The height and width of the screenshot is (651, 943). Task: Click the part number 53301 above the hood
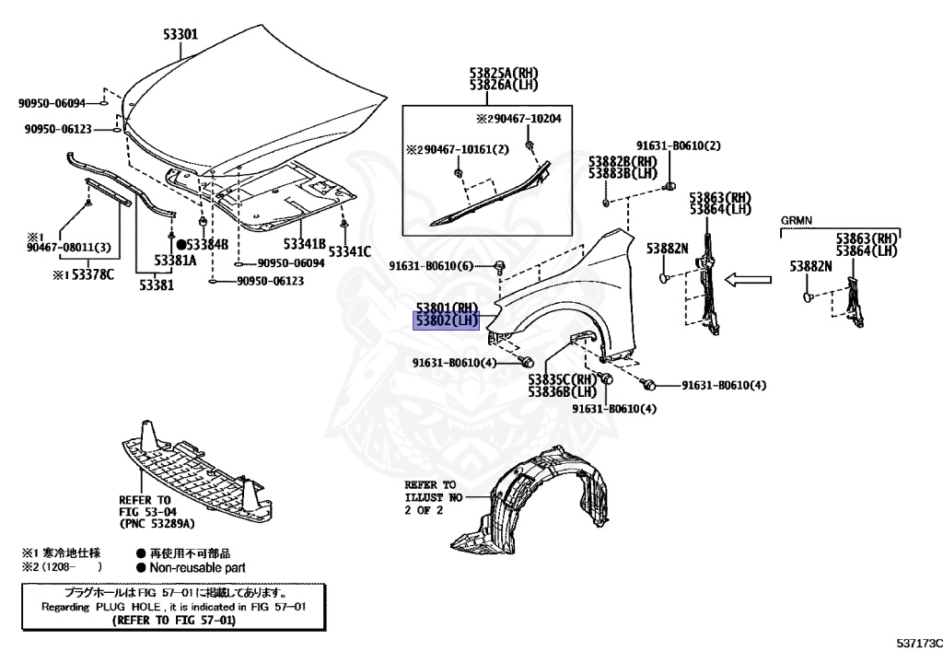174,35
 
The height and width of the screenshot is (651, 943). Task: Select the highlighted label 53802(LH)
448,320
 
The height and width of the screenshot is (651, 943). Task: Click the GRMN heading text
797,221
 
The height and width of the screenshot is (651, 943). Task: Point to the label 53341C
350,250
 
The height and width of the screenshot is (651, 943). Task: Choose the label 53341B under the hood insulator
305,244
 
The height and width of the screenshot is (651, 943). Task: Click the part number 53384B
202,245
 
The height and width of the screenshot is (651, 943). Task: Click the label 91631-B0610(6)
431,266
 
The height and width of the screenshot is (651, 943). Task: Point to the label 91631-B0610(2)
678,145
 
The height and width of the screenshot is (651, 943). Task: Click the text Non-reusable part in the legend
197,568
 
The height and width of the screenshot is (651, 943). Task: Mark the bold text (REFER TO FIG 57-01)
173,622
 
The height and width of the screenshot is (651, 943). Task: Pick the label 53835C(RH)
563,378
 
